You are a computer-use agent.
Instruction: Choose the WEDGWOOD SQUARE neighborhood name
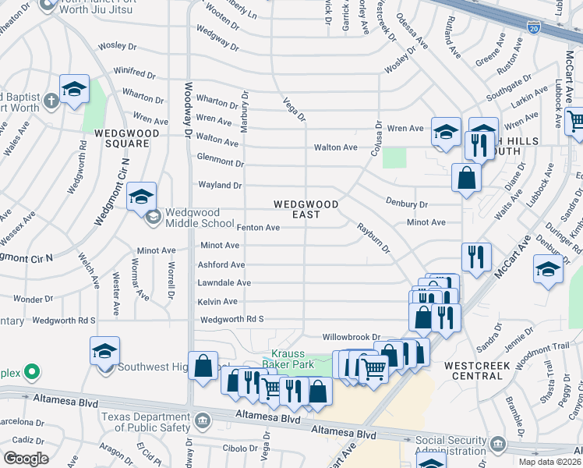[x=122, y=138]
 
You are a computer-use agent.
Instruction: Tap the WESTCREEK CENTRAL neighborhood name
[x=473, y=370]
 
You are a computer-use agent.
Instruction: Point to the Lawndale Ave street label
[x=224, y=283]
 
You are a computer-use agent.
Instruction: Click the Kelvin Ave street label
[x=217, y=302]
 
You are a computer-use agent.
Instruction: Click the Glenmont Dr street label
[x=221, y=161]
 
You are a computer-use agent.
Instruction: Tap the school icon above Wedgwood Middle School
[x=142, y=196]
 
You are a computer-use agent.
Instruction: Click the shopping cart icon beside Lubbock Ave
[x=575, y=122]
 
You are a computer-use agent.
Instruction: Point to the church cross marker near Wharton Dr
[x=51, y=101]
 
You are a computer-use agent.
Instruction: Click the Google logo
[x=26, y=459]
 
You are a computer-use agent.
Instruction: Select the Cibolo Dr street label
[x=238, y=448]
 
